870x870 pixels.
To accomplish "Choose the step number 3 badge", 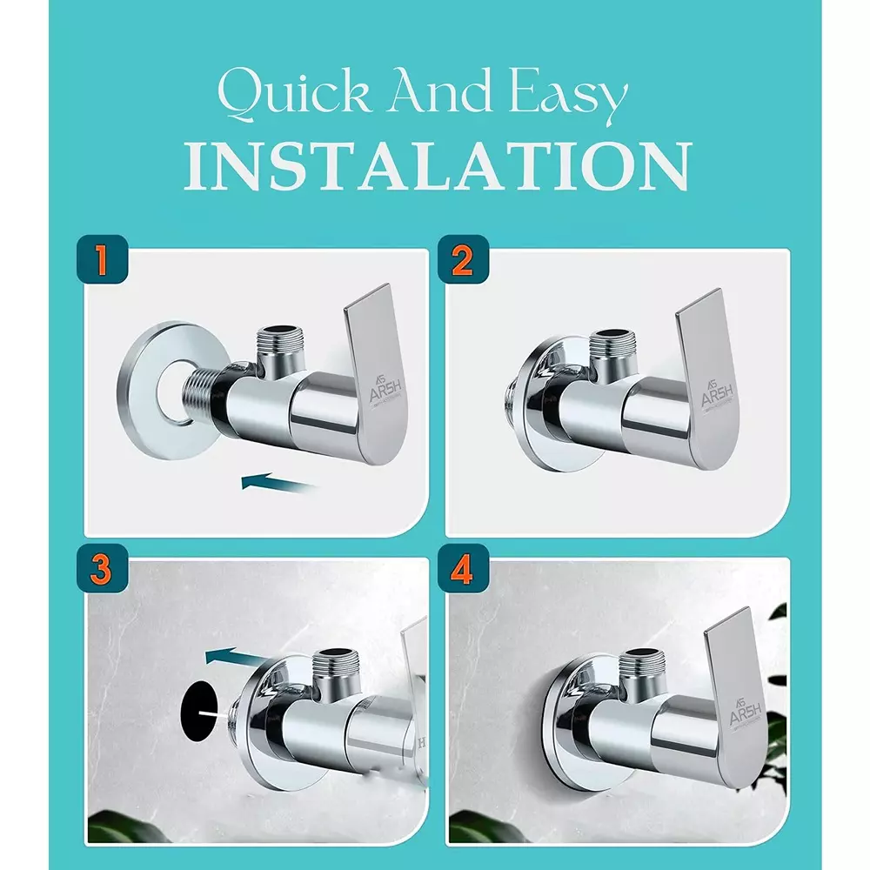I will pyautogui.click(x=104, y=572).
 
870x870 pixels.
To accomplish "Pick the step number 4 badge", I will pyautogui.click(x=462, y=572).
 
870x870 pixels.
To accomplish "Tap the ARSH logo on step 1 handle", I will pyautogui.click(x=383, y=388).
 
